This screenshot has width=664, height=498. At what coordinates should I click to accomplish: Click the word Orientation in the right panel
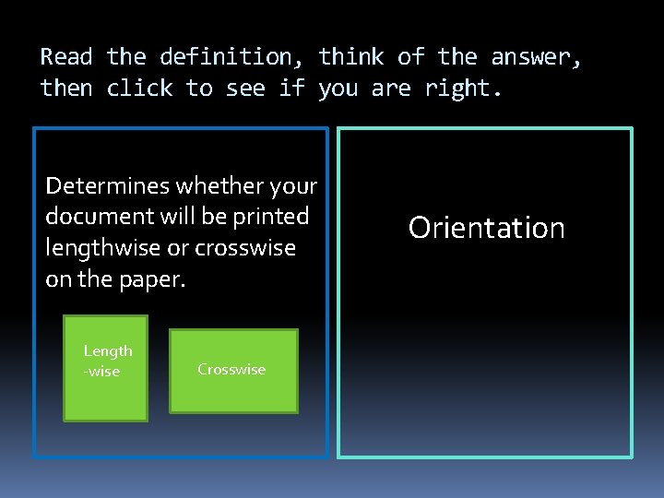486,228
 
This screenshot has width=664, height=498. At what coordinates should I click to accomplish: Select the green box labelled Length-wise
105,368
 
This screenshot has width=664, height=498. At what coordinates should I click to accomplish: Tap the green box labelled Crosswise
233,370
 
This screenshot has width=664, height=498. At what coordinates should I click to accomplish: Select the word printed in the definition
274,217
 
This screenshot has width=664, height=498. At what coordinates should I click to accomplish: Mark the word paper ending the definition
159,279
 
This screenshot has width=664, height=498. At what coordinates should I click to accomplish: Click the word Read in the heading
66,57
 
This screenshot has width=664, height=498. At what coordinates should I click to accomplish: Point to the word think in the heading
351,57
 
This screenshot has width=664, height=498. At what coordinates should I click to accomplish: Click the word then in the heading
66,89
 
